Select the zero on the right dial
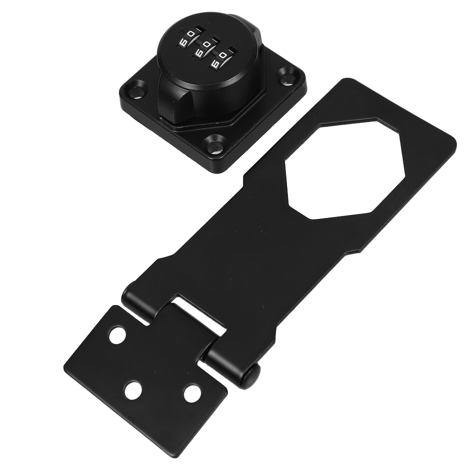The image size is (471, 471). tap(223, 55)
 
